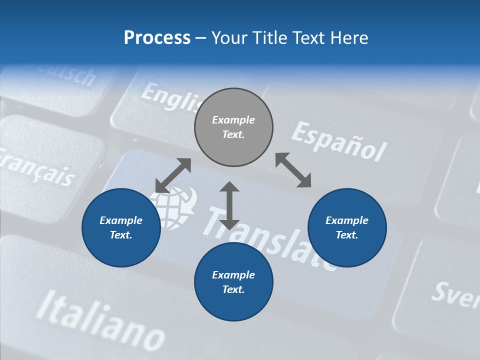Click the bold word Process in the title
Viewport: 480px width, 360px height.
point(157,38)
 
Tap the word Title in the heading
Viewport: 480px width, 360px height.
point(269,38)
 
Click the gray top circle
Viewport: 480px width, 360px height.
point(233,127)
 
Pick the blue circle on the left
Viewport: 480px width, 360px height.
point(121,228)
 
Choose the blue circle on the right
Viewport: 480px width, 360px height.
point(347,228)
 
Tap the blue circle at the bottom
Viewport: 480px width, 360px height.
point(233,282)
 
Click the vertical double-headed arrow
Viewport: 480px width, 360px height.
point(229,205)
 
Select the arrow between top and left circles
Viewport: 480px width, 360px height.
point(173,175)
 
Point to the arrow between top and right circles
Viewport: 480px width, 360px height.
point(293,170)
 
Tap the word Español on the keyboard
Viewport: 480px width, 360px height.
point(339,141)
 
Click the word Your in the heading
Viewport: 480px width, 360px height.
point(231,38)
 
